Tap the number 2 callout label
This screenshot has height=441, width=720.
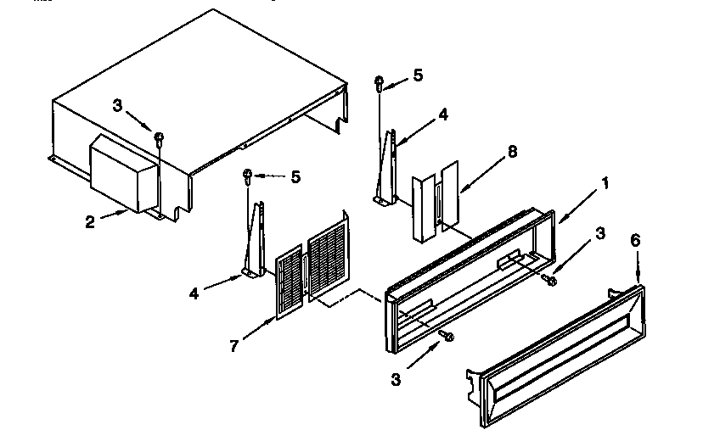tap(89, 223)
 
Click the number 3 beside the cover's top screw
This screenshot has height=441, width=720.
tap(118, 105)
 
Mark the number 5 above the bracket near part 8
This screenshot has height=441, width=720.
tap(417, 75)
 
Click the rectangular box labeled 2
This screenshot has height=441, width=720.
tap(123, 176)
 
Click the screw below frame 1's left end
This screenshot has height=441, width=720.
tap(447, 337)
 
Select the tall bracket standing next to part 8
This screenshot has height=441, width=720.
tap(388, 165)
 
